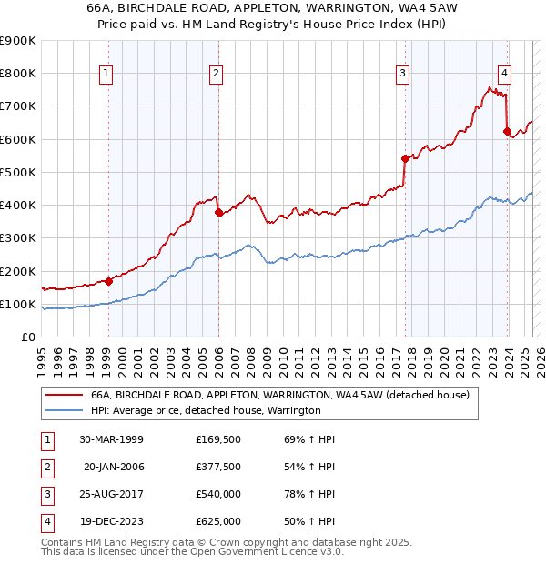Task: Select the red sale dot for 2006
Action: [218, 213]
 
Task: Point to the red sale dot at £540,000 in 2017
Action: [406, 158]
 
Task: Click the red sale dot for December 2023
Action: [507, 131]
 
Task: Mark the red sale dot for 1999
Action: [108, 281]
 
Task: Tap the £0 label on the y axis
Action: [29, 337]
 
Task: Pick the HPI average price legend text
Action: [206, 411]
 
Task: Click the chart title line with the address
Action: [272, 7]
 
